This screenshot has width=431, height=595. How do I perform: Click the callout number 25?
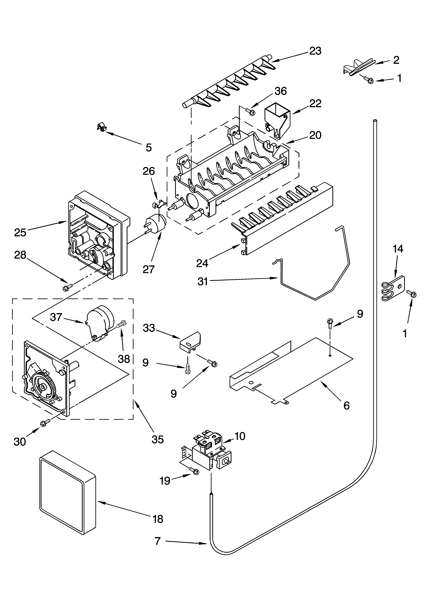pyautogui.click(x=20, y=232)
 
